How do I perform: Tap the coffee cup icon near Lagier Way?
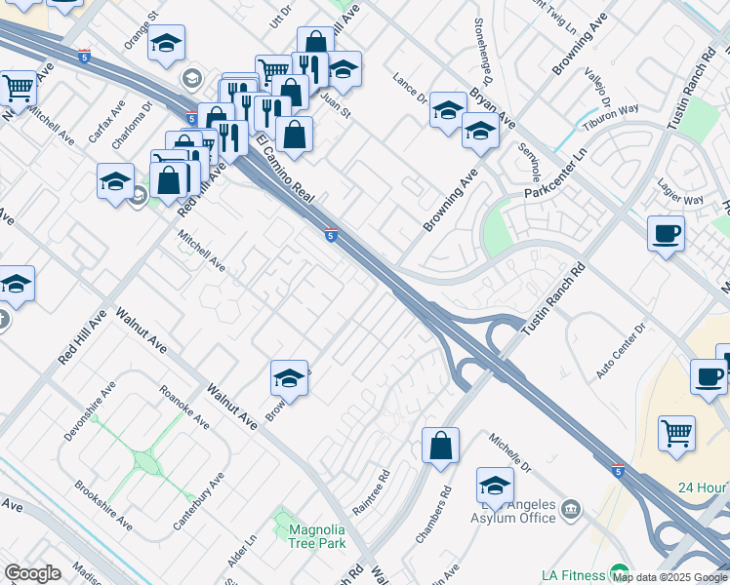pyautogui.click(x=667, y=234)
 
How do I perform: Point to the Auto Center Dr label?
pyautogui.click(x=623, y=351)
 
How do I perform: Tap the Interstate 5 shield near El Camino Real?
pyautogui.click(x=332, y=235)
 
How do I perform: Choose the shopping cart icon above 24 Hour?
pyautogui.click(x=676, y=433)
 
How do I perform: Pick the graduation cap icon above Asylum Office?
pyautogui.click(x=496, y=486)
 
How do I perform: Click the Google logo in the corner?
pyautogui.click(x=32, y=573)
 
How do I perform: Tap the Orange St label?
pyautogui.click(x=140, y=31)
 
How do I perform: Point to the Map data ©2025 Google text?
pyautogui.click(x=669, y=577)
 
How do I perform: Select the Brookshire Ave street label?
pyautogui.click(x=103, y=506)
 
